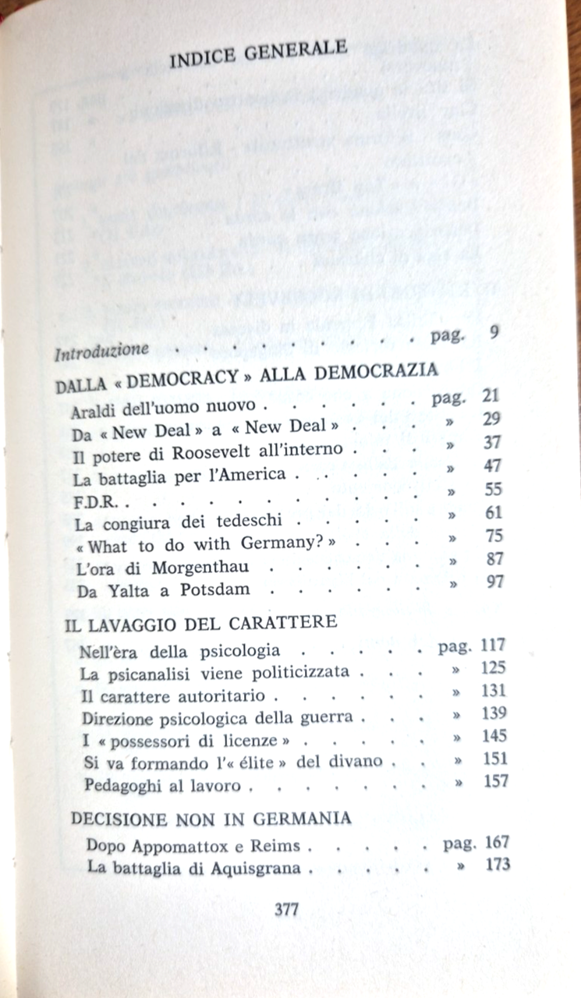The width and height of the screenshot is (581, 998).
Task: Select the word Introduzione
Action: pyautogui.click(x=101, y=351)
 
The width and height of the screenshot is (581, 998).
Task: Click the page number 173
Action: pyautogui.click(x=496, y=864)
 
